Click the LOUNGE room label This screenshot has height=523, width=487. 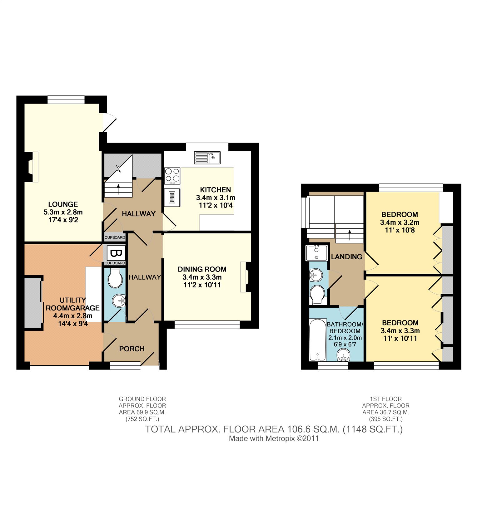point(63,204)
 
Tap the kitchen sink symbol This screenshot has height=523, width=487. point(207,157)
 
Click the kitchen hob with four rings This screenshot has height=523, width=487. point(172,175)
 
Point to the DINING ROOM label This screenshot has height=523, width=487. point(202,269)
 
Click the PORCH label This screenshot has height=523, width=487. point(132,349)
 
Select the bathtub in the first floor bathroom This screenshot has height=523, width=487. point(317,340)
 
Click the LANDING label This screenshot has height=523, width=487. point(347,257)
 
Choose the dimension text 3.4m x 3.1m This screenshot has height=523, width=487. point(216,198)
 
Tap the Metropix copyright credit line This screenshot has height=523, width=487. point(274,438)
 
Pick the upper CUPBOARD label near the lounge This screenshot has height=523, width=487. point(115,237)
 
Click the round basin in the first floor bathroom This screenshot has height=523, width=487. point(343,355)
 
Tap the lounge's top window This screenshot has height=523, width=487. point(66,100)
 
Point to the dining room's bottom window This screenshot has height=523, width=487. point(207,325)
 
